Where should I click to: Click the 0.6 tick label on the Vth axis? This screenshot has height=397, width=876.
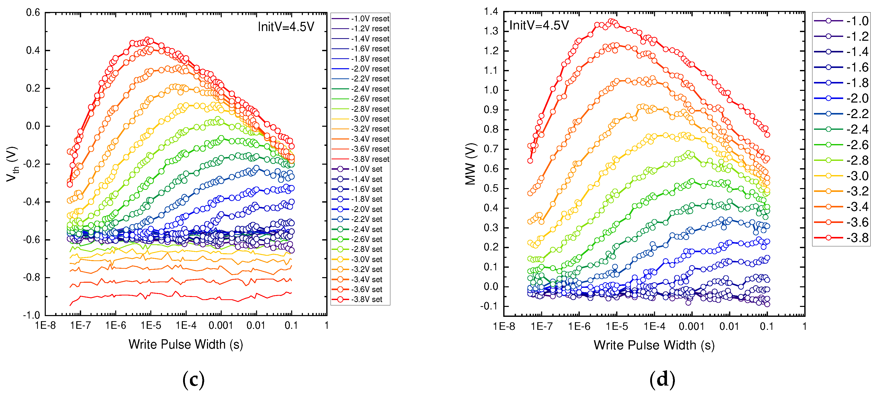(33, 13)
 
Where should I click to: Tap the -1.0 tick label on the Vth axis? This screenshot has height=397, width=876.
(31, 315)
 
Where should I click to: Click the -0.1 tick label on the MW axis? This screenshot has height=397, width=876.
(489, 306)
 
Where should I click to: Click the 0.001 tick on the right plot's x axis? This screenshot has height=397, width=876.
(691, 327)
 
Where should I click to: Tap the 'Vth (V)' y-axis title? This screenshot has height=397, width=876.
(12, 164)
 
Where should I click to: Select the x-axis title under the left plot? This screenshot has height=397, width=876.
(186, 344)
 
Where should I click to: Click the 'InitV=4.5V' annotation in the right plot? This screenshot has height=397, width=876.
(539, 25)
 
